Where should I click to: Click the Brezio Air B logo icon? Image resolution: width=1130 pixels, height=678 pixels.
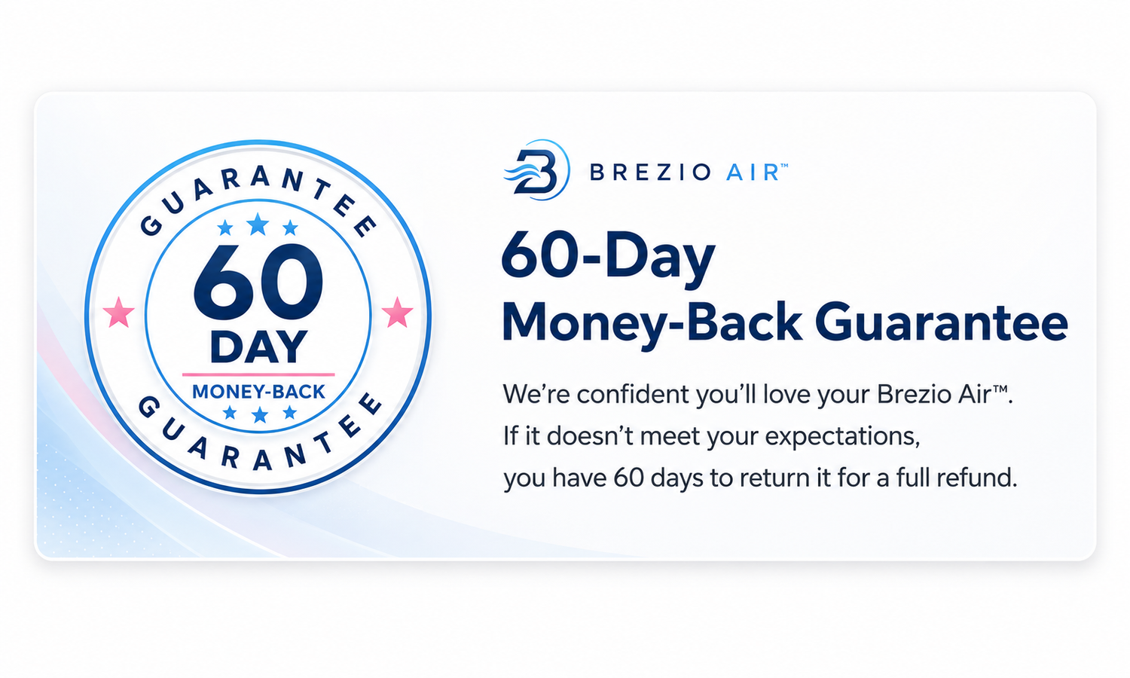click(x=536, y=170)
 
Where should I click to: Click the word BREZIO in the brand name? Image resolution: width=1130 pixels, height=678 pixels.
click(x=651, y=173)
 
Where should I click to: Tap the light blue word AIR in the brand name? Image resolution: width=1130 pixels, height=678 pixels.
click(x=753, y=173)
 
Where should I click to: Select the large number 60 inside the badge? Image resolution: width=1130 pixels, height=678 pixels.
click(x=258, y=282)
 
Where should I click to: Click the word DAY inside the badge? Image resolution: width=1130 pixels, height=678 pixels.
click(x=258, y=347)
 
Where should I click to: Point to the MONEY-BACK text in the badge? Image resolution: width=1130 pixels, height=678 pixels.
click(x=259, y=392)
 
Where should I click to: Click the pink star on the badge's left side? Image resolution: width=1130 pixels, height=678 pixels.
click(x=118, y=313)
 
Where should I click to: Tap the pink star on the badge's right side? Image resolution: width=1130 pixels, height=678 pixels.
click(x=398, y=313)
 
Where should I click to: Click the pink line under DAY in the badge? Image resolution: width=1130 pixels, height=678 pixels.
click(x=258, y=375)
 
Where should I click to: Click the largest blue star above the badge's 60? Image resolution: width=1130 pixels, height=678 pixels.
click(x=258, y=224)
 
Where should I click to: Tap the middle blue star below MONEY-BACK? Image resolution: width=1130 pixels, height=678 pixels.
click(x=260, y=415)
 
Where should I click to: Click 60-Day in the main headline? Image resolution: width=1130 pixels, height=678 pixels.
click(x=609, y=259)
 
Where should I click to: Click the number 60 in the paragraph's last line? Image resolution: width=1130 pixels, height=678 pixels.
click(x=629, y=478)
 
